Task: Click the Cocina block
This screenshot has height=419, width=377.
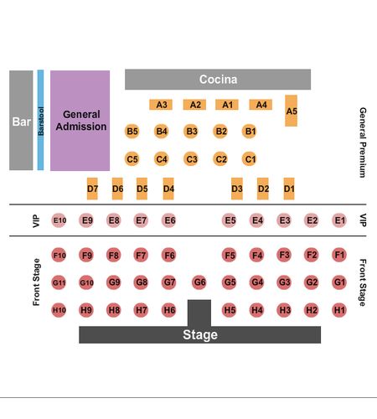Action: click(x=218, y=80)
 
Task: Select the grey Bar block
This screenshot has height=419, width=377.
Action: click(x=21, y=120)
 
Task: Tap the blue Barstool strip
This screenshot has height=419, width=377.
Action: click(x=40, y=120)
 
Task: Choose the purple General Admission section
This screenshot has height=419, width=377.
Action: click(x=80, y=121)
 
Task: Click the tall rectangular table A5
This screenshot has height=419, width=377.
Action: click(x=291, y=111)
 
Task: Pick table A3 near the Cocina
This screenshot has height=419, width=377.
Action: click(x=161, y=105)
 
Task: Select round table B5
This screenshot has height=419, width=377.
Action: click(x=132, y=131)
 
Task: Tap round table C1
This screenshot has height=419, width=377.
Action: click(x=249, y=159)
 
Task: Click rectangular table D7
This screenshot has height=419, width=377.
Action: click(x=92, y=189)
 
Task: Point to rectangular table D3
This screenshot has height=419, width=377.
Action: click(x=237, y=189)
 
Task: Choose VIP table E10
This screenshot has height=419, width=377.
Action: click(x=59, y=220)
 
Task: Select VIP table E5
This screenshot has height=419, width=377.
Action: click(x=230, y=220)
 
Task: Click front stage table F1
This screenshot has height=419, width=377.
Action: click(x=339, y=255)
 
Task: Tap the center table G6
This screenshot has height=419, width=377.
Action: click(x=199, y=282)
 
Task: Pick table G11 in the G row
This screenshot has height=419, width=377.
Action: click(x=59, y=282)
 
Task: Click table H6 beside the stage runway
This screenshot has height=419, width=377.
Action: click(x=169, y=310)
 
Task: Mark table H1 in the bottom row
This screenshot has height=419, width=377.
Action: click(x=339, y=310)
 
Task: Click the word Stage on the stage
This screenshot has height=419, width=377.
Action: click(x=200, y=334)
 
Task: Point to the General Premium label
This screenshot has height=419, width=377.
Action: click(x=363, y=142)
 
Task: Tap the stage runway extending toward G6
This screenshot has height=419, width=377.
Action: click(x=199, y=313)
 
